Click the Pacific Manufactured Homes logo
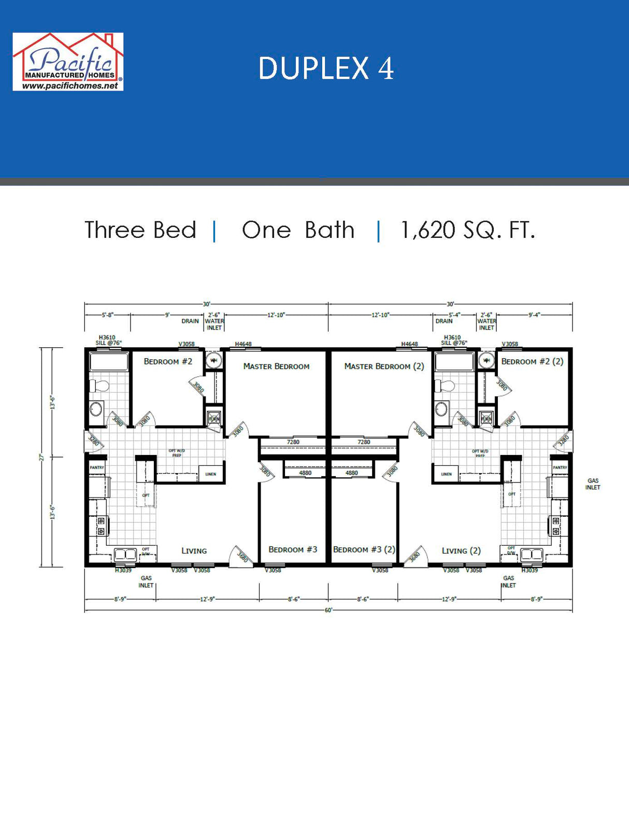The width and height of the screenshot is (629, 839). point(68,62)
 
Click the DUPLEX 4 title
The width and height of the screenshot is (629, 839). point(326,68)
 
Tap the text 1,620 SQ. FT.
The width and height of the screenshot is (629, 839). point(467,230)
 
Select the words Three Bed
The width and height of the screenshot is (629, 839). point(140,230)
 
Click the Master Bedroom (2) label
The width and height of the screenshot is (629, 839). point(384,366)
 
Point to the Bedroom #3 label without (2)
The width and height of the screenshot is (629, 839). point(292,549)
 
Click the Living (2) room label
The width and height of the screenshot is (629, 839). point(461,551)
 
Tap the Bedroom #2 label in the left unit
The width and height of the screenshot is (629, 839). point(168,361)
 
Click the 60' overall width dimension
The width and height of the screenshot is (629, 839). point(328,610)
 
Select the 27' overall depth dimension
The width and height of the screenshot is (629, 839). point(41,457)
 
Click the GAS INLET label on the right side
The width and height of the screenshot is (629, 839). point(593,484)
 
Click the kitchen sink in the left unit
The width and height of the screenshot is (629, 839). point(125,554)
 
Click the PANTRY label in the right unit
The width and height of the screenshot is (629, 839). point(560,467)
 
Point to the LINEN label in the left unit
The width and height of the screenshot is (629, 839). point(210,474)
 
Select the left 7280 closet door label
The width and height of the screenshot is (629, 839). point(293,442)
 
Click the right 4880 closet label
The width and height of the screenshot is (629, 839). point(352,473)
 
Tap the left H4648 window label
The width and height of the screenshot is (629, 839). point(243,344)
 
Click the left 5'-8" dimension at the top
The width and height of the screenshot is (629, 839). point(107,315)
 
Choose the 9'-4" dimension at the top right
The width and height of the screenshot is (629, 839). point(534,315)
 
